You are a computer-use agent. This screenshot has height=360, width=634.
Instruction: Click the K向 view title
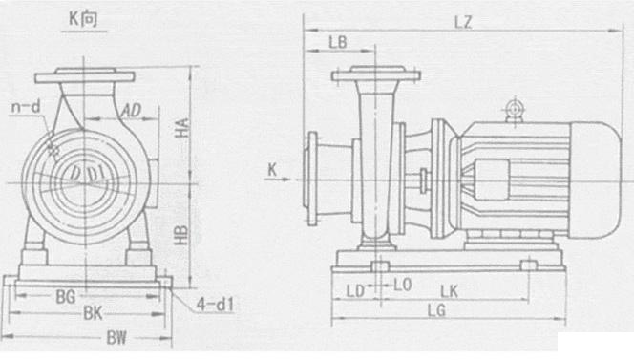(x=83, y=19)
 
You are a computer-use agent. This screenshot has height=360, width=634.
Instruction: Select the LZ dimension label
(x=463, y=22)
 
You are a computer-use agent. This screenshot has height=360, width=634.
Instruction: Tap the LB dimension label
(x=338, y=42)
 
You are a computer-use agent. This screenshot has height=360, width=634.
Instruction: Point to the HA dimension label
(x=182, y=127)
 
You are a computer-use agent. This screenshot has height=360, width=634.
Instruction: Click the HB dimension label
(x=181, y=235)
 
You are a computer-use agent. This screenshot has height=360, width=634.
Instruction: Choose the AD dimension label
(x=131, y=110)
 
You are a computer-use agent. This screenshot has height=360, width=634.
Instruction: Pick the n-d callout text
(x=27, y=107)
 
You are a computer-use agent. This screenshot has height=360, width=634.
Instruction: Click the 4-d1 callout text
(x=215, y=305)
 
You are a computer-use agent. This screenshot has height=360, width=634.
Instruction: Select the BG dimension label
(x=66, y=297)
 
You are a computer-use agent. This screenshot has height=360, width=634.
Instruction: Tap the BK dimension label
(x=93, y=313)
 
